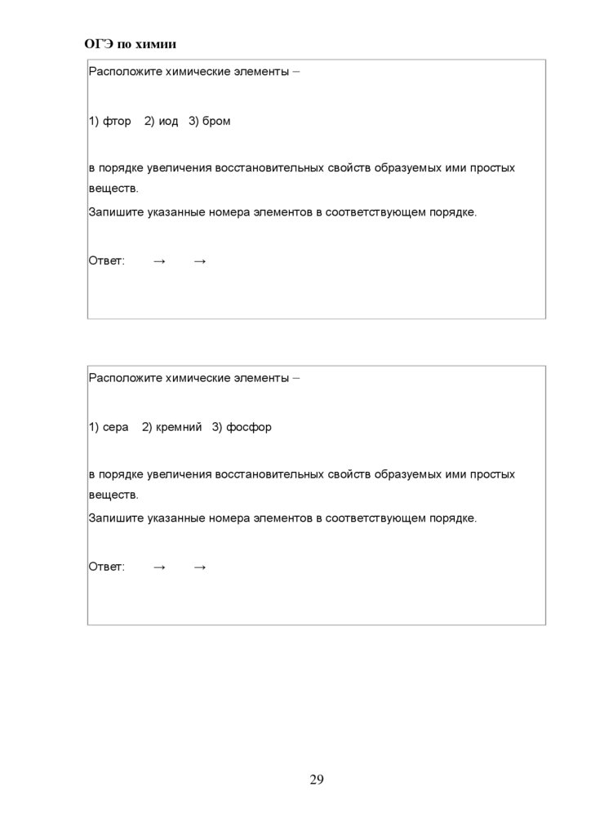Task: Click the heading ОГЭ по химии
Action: pyautogui.click(x=131, y=43)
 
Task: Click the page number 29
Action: pyautogui.click(x=317, y=780)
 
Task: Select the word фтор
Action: pyautogui.click(x=117, y=122)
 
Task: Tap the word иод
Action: pyautogui.click(x=168, y=122)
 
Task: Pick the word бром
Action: pyautogui.click(x=216, y=122)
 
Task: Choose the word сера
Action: pyautogui.click(x=115, y=428)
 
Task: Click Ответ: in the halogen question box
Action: pyautogui.click(x=107, y=261)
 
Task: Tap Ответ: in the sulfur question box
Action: pyautogui.click(x=107, y=567)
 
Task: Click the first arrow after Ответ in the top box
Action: pyautogui.click(x=159, y=261)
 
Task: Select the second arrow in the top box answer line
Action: pyautogui.click(x=200, y=261)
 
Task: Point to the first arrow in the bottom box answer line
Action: pyautogui.click(x=159, y=567)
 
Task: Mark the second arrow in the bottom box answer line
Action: pyautogui.click(x=200, y=567)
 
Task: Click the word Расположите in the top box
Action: pyautogui.click(x=125, y=72)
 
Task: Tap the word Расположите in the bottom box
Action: pyautogui.click(x=125, y=378)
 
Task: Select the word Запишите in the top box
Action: pyautogui.click(x=116, y=213)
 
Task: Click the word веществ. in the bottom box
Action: pyautogui.click(x=113, y=495)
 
